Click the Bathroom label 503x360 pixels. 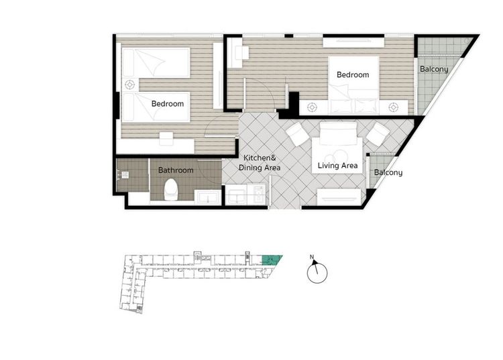coord(176,170)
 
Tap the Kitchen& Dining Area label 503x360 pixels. coord(260,163)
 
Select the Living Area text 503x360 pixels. coord(337,166)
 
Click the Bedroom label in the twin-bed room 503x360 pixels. coord(168,103)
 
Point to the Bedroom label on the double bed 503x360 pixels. coord(353,74)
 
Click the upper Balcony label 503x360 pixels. coord(434,69)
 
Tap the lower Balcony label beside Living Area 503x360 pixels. coord(388,172)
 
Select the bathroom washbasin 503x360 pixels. coord(208,197)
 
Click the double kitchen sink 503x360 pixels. coord(236,195)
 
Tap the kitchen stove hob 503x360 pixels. coord(259,195)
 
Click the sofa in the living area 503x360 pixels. coord(339,133)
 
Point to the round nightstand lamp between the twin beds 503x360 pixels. coord(129,85)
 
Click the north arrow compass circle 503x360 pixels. coord(317,273)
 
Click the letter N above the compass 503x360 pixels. coord(312,257)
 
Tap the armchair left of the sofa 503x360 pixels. coord(298,134)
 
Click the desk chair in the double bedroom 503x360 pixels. coord(242,53)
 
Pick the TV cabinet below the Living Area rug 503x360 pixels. coord(339,197)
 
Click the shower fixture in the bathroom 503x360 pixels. coord(125,175)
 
